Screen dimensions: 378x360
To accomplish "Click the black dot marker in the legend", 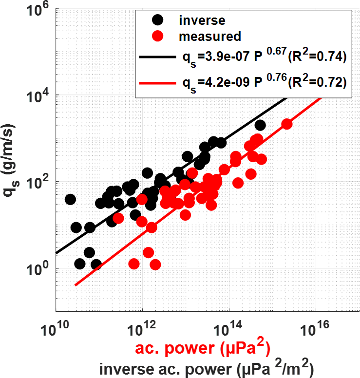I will click(157, 21).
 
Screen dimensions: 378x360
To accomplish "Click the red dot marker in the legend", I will click(157, 37).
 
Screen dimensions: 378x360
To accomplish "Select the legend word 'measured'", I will click(209, 37).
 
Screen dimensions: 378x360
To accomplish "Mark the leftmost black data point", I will click(70, 199).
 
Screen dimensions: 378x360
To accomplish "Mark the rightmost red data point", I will click(287, 124).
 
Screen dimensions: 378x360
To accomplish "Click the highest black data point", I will click(260, 125).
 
